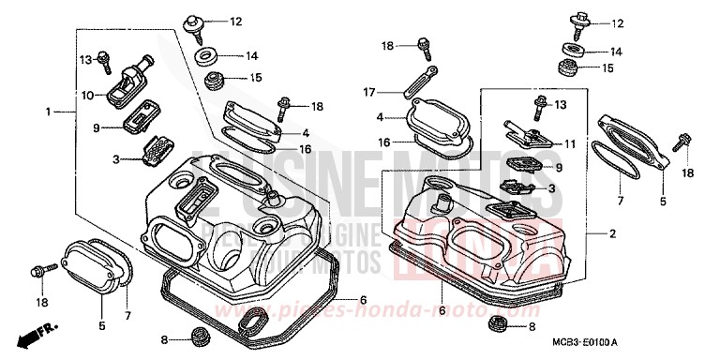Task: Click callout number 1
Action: click(x=46, y=112)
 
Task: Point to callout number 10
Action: click(x=86, y=95)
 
